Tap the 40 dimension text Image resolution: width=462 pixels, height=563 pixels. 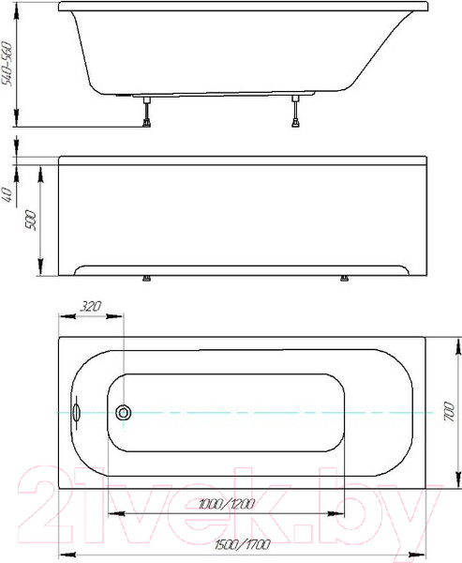[8, 195]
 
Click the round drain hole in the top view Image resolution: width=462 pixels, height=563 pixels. [123, 412]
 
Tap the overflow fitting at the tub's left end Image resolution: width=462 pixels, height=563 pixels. [76, 412]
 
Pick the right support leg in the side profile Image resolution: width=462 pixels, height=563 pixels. [297, 112]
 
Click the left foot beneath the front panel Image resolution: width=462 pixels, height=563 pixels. [146, 278]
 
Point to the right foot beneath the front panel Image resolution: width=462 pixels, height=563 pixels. [345, 278]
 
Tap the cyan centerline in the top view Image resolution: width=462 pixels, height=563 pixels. [281, 412]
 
